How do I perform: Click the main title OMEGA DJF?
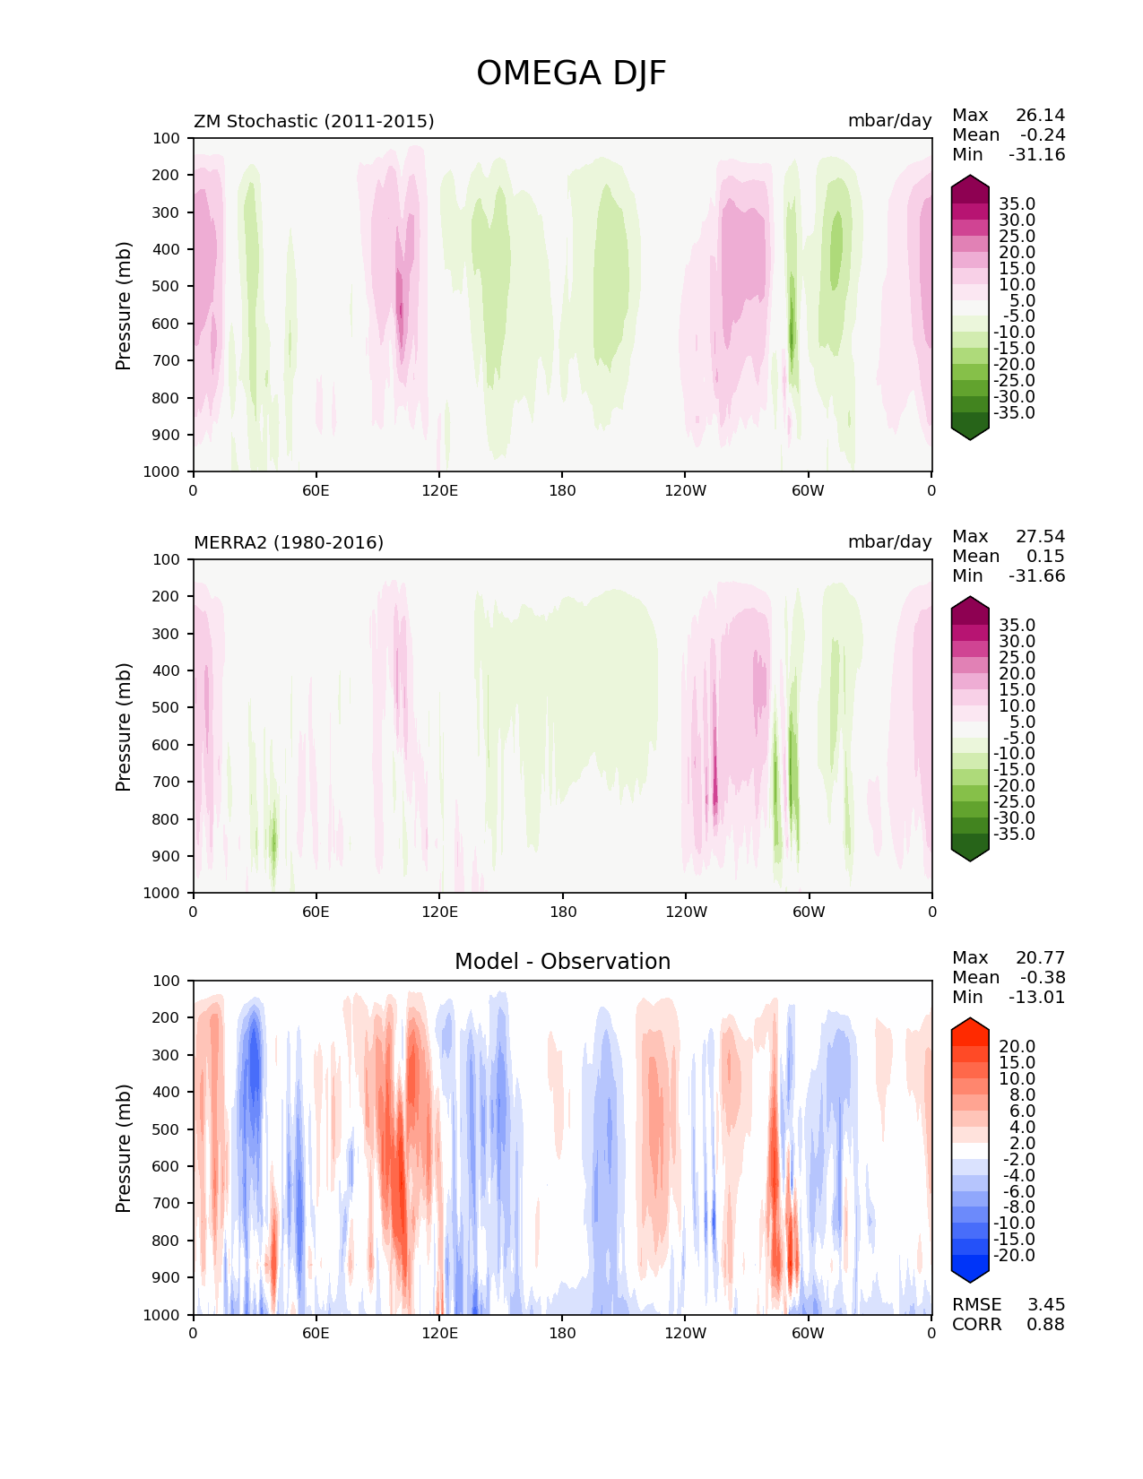[x=571, y=74]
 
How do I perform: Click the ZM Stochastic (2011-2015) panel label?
[x=314, y=121]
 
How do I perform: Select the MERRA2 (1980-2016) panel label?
[x=289, y=542]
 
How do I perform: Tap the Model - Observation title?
[x=562, y=962]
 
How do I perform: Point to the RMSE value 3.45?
[x=1045, y=1304]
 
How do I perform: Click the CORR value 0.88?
[x=1045, y=1324]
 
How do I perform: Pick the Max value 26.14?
[x=1040, y=115]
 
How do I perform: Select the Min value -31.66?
[x=1037, y=575]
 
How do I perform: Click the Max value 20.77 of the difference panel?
[x=1040, y=957]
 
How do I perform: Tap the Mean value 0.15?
[x=1045, y=556]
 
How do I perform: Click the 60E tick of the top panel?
[x=316, y=490]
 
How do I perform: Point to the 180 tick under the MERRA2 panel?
[x=562, y=912]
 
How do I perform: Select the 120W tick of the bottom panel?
[x=685, y=1333]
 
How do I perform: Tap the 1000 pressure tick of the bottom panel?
[x=162, y=1315]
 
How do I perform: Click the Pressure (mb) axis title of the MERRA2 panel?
[x=124, y=726]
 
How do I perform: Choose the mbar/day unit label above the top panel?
[x=889, y=121]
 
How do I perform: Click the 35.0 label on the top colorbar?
[x=1017, y=204]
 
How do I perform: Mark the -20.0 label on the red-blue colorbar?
[x=1014, y=1255]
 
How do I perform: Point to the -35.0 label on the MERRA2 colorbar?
[x=1014, y=834]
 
